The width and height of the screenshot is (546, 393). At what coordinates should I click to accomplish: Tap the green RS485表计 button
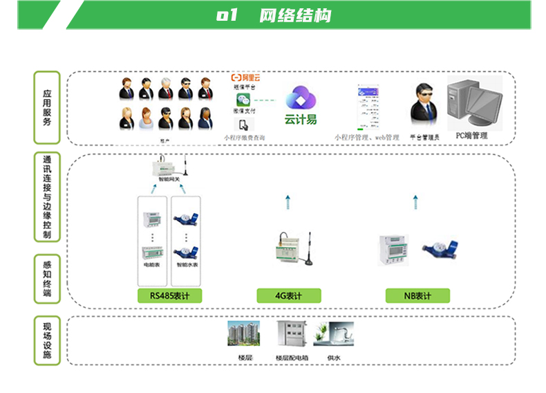[169, 296]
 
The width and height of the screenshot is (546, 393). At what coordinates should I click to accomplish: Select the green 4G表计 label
[288, 296]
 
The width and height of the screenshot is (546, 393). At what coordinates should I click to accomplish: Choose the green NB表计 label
[417, 296]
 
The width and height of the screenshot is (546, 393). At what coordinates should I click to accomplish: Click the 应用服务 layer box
[47, 108]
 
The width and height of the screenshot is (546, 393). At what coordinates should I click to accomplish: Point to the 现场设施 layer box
[47, 340]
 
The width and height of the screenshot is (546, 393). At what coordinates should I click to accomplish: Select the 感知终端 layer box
[47, 278]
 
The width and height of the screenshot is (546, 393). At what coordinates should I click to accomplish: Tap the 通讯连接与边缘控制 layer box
[47, 197]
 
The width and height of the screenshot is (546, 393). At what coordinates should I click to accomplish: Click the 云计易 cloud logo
[301, 104]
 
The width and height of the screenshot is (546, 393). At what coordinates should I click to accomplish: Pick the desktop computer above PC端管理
[473, 104]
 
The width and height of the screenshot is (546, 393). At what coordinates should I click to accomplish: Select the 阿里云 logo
[245, 77]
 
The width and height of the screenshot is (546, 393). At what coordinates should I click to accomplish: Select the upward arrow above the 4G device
[288, 202]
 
